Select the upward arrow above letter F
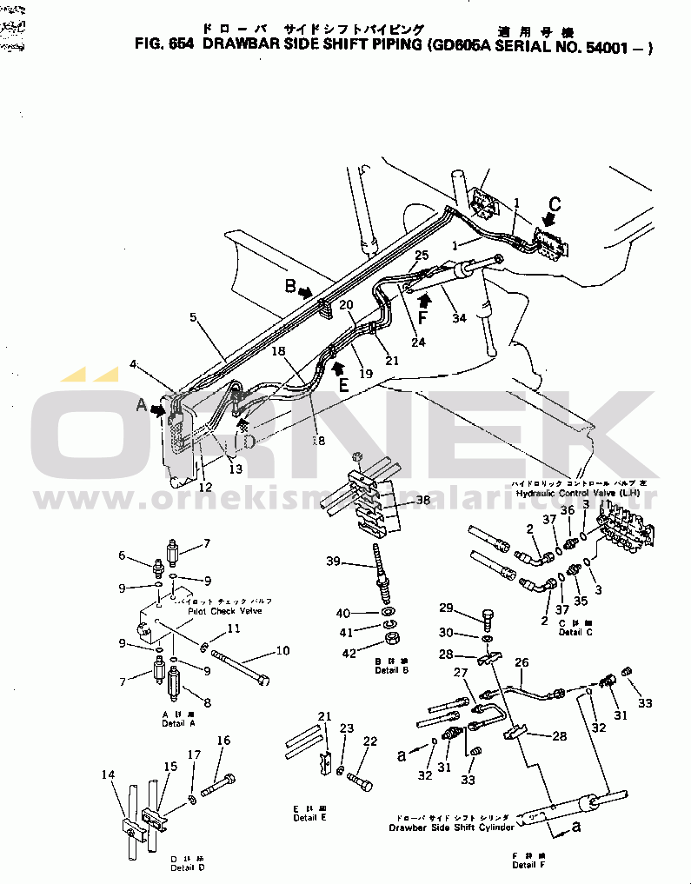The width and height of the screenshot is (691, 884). pos(425,302)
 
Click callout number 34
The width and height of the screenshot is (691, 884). pos(459,318)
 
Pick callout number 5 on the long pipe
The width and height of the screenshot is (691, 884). pos(194,318)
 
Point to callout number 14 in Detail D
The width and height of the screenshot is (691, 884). pos(108,774)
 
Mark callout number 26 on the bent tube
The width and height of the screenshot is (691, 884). pos(522,663)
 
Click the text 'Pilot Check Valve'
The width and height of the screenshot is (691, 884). pos(225,611)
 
